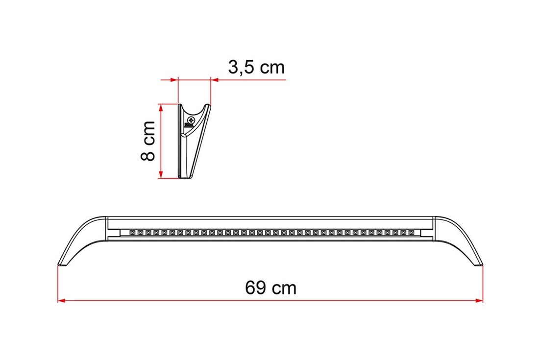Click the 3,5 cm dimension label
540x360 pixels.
point(256,67)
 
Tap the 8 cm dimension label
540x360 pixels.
point(148,141)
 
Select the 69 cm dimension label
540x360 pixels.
point(270,288)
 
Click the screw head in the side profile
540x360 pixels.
point(191,120)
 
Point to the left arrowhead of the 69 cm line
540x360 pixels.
point(61,300)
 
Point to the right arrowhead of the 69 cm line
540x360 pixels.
point(479,300)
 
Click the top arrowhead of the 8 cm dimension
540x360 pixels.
point(160,108)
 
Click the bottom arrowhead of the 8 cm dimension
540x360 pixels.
point(160,174)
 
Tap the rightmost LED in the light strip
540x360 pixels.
point(411,233)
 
